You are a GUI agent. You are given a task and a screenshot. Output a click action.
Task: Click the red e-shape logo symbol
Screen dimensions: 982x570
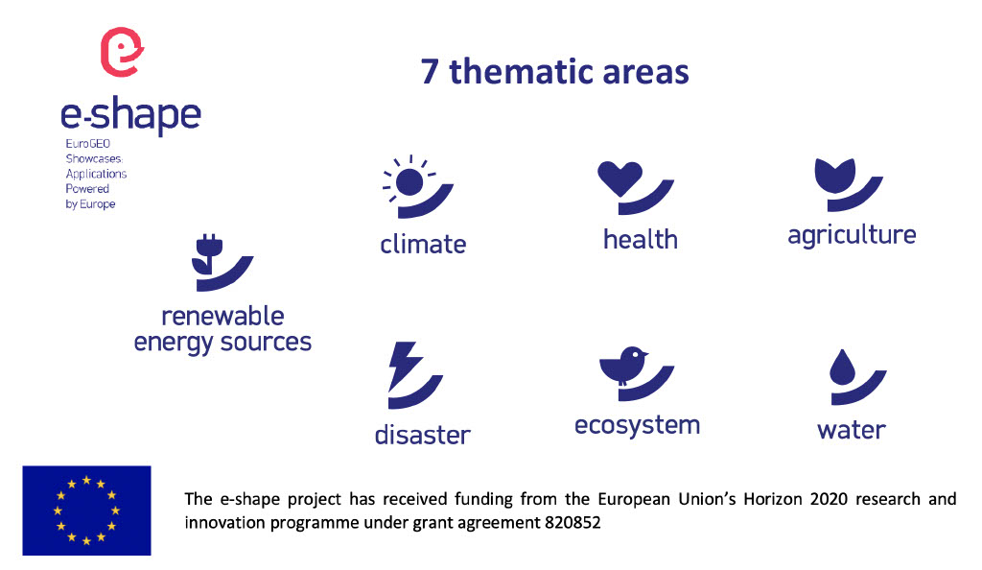(122, 52)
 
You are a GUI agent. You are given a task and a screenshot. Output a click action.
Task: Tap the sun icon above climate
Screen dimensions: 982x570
(409, 182)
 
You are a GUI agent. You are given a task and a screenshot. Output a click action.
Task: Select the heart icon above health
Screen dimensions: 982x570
(620, 178)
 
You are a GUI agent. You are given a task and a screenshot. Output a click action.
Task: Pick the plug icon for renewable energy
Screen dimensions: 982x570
(208, 255)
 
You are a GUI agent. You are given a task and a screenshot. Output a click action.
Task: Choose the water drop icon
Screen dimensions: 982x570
(842, 368)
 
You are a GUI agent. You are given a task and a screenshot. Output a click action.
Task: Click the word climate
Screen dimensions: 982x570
(423, 245)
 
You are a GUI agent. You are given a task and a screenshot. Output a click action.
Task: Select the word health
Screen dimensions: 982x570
(640, 239)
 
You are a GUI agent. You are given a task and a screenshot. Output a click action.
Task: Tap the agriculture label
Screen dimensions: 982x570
(852, 235)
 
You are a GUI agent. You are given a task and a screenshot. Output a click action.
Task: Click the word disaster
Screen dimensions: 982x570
(422, 435)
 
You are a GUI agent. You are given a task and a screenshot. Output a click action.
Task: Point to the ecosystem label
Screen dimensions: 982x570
(637, 426)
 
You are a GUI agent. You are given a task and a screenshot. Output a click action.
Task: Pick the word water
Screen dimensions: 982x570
(852, 430)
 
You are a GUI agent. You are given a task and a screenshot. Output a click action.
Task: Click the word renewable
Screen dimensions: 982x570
(222, 317)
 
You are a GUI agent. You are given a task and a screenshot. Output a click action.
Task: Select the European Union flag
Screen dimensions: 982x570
(86, 511)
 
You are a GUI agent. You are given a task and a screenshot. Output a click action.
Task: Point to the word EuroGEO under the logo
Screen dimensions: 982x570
(87, 143)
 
